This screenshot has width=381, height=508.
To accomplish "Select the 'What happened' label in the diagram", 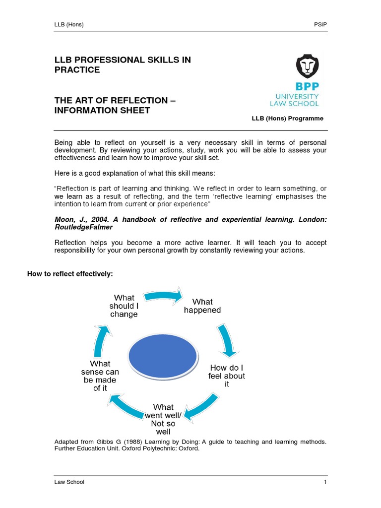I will tap(202, 306).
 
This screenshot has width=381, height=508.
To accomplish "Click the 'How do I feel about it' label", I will tap(227, 376).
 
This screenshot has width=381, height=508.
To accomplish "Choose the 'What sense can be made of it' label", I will tap(100, 376).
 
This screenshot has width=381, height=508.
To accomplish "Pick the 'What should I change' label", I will tap(124, 306).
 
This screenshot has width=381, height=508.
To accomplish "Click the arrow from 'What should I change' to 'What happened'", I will tap(163, 296).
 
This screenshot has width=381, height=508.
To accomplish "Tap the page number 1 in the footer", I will tap(325, 482).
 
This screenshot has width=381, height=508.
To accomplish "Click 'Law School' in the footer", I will tap(69, 482).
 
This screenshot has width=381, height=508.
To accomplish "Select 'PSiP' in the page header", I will tap(320, 25).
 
